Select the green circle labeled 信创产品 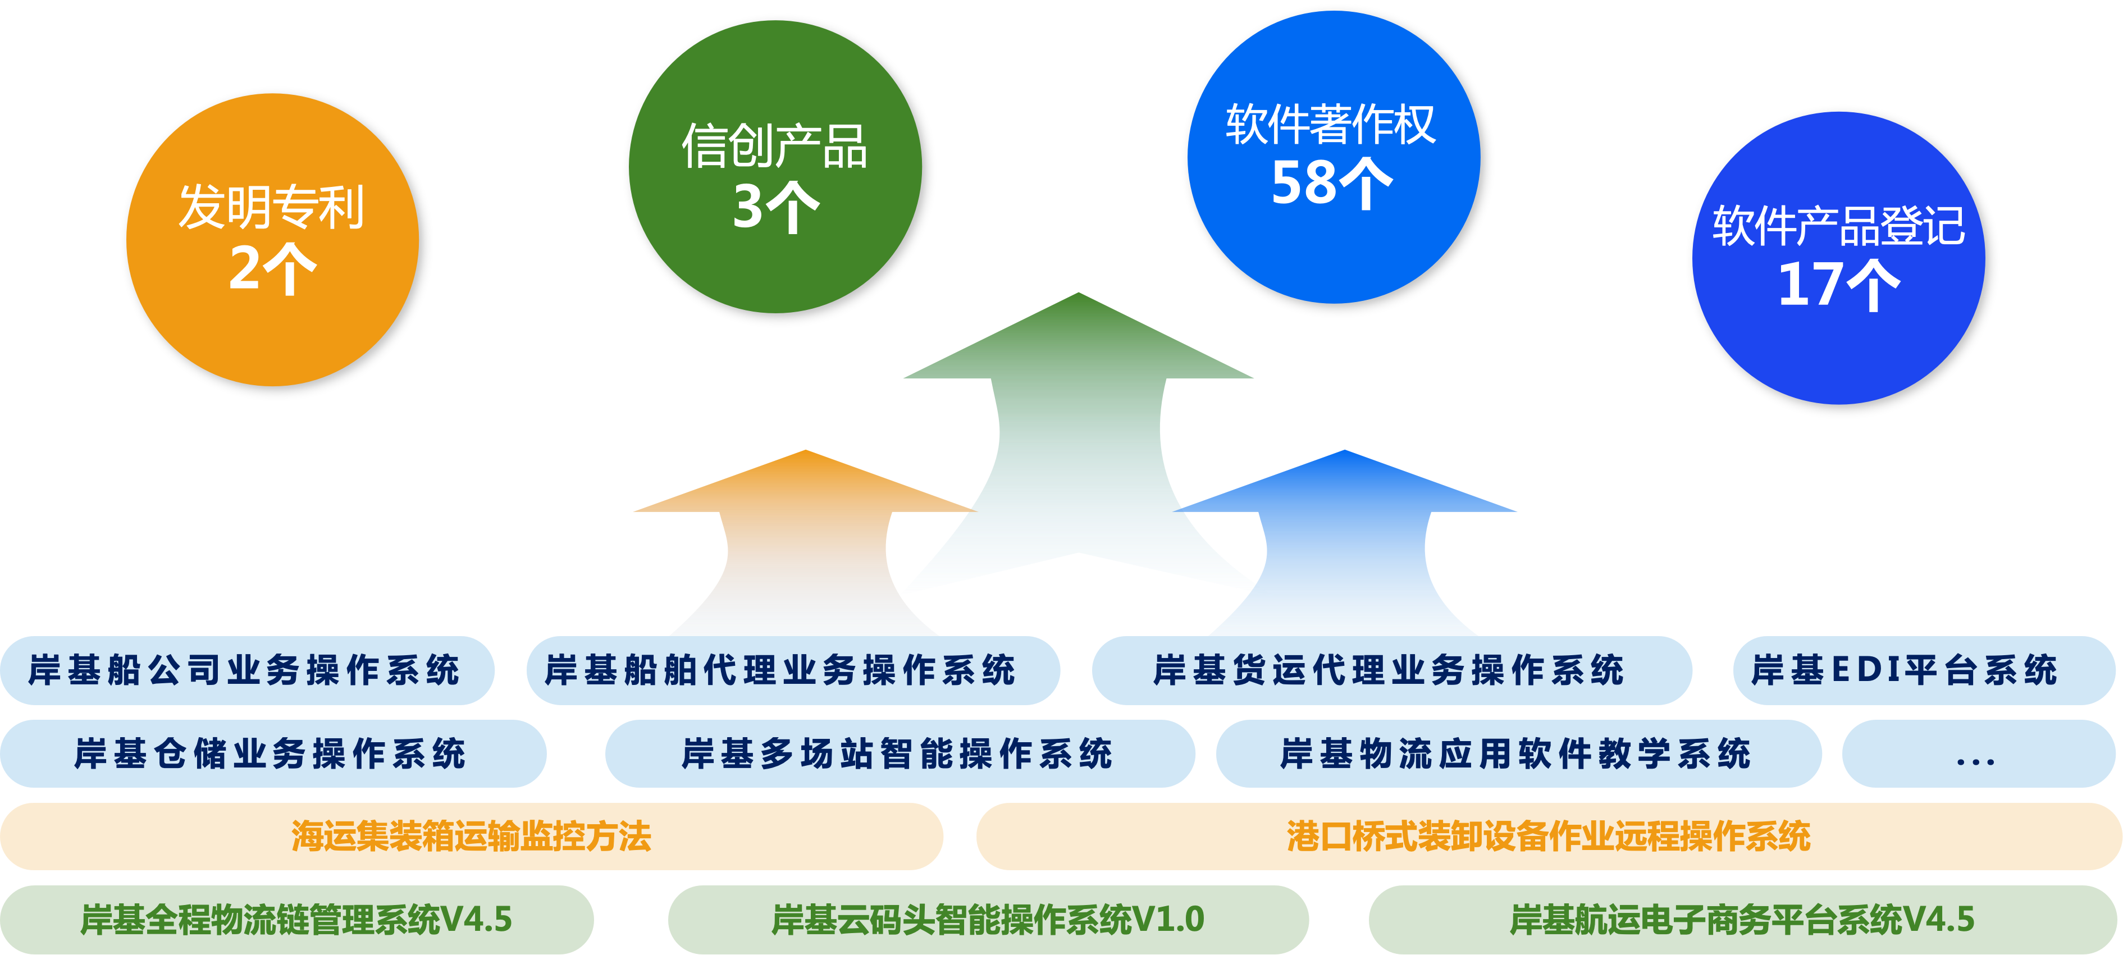[x=775, y=166]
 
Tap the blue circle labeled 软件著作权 [x=1334, y=157]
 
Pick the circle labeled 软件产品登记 [x=1838, y=258]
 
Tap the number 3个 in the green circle [x=775, y=207]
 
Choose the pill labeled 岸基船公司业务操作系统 [x=245, y=670]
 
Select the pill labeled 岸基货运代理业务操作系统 [x=1391, y=670]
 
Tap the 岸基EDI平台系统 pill [x=1923, y=670]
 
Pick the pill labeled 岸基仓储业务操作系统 [x=272, y=753]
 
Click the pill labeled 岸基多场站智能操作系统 [x=898, y=753]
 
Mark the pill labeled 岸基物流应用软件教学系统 [x=1517, y=753]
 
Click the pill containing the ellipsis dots [x=1976, y=753]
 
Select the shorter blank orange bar [x=472, y=837]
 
